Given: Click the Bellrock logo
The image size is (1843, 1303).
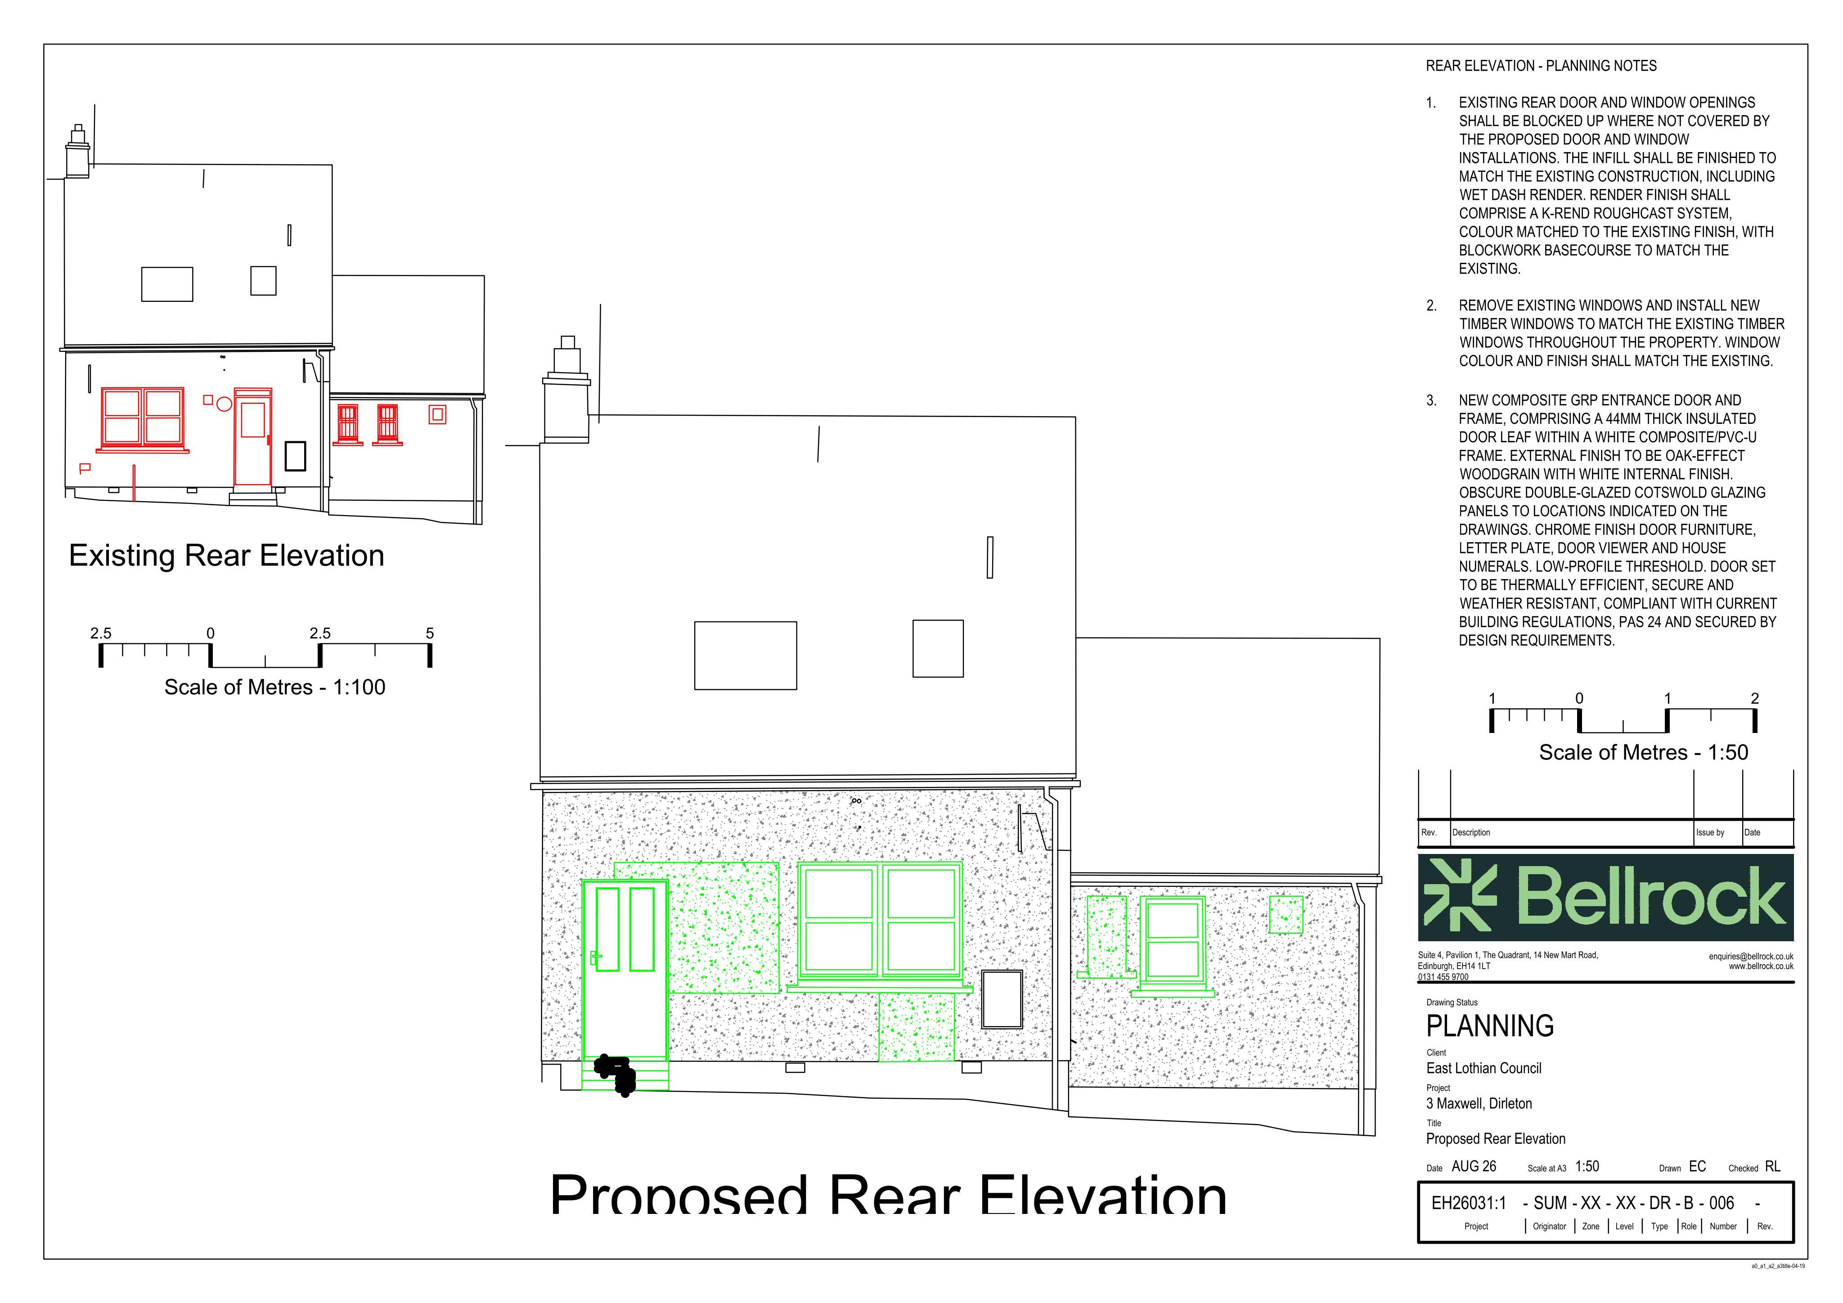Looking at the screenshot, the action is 1605,898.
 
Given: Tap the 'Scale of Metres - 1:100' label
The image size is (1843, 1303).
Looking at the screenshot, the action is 274,687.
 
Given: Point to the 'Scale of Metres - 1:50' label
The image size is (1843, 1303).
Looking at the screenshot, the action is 1643,752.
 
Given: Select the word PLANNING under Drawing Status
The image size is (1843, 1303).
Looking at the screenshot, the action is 1490,1026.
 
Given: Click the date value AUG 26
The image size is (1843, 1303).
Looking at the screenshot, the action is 1474,1167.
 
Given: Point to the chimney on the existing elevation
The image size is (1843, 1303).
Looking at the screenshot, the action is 78,153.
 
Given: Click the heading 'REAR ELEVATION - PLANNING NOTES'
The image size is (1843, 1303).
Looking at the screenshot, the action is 1541,66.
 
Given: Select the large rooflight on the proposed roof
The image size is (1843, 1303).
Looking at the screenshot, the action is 745,655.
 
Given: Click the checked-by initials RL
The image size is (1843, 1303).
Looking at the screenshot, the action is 1773,1167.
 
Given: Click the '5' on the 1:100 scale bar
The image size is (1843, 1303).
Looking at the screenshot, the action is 429,634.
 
